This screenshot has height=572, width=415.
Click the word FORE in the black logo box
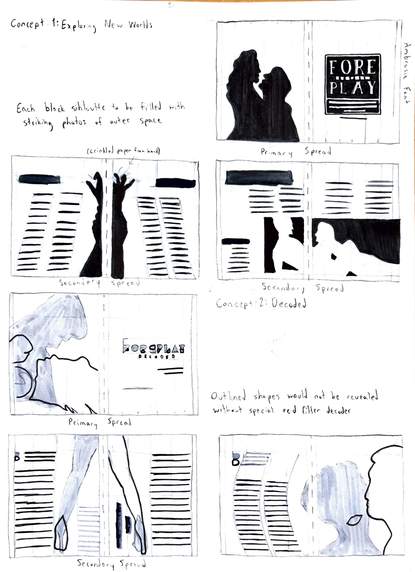coord(352,67)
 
